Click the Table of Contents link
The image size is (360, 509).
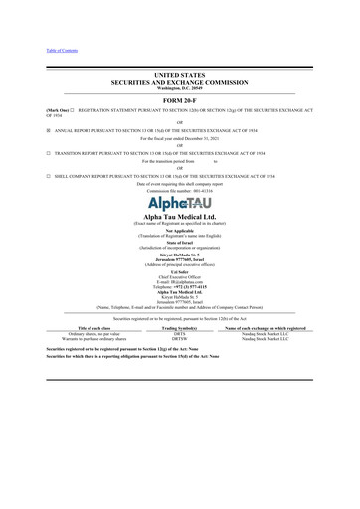[35, 49]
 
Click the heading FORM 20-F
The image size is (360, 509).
[180, 100]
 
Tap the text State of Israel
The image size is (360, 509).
[180, 256]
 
